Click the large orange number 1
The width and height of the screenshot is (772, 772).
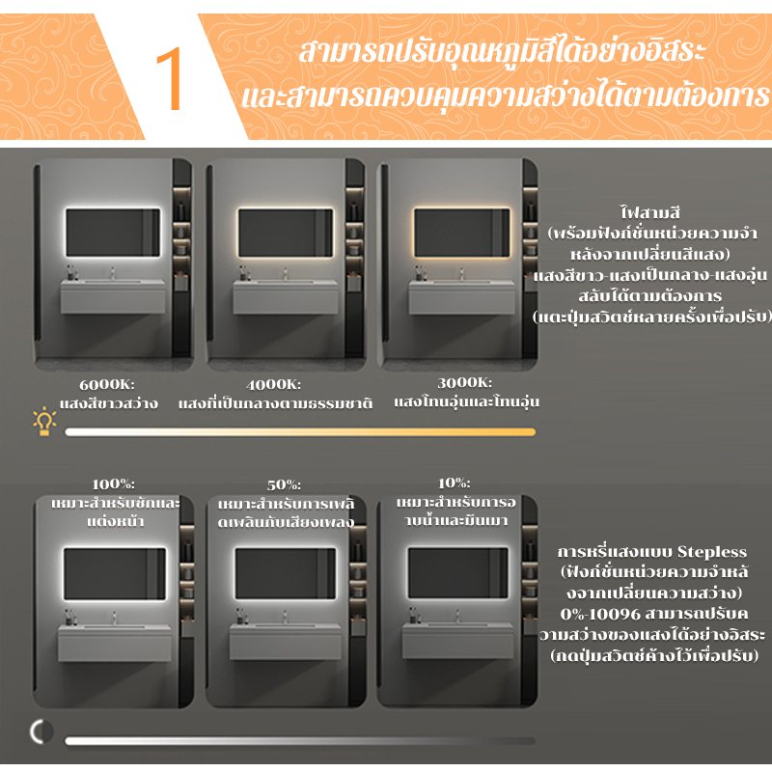[169, 79]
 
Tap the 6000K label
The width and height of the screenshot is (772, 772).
[107, 384]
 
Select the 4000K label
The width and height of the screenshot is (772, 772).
[273, 384]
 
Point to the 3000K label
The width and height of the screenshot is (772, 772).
[464, 382]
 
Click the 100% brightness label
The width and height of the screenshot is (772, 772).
[113, 484]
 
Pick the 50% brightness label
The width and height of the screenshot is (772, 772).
[284, 485]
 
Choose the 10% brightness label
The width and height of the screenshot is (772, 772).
[454, 483]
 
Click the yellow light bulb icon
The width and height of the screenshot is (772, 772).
[44, 422]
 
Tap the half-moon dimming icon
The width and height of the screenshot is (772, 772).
[41, 731]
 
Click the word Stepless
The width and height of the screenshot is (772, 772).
[712, 552]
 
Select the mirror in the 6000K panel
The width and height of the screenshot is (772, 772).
[113, 233]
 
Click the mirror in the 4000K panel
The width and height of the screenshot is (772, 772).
[286, 233]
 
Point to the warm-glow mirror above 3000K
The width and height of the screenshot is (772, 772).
[462, 233]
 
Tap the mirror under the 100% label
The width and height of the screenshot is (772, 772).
[115, 573]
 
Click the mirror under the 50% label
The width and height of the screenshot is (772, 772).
[286, 573]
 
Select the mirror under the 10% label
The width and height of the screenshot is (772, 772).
[457, 573]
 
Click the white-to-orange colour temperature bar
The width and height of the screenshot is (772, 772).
[300, 432]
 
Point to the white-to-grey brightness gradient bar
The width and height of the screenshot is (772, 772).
[300, 741]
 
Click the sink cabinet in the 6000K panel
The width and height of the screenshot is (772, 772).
[113, 296]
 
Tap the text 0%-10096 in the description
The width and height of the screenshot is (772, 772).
[600, 615]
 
